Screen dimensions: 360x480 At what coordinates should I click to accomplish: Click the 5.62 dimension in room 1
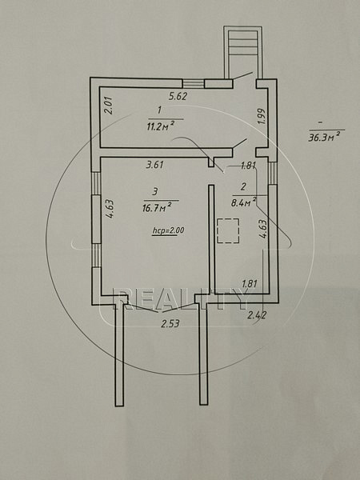point(178,97)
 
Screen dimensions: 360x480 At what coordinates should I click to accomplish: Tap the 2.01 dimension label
point(110,106)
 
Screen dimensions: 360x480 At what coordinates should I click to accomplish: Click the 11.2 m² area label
point(161,126)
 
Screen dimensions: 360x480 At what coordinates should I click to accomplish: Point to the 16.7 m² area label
point(157,207)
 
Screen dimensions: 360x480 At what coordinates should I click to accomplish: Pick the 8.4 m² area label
point(244,202)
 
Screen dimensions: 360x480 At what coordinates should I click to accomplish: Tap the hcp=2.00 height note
point(168,230)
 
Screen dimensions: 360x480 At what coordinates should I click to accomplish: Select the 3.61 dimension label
point(155,165)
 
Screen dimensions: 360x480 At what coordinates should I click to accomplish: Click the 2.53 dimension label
point(170,323)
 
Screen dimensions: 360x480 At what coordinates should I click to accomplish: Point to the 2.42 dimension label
point(257,314)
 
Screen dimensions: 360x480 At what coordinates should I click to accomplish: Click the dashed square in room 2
point(228,230)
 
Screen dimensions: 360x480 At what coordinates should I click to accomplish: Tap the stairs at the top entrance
point(242,43)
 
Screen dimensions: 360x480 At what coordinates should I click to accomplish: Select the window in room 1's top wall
point(194,83)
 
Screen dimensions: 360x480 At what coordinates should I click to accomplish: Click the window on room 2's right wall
point(273,173)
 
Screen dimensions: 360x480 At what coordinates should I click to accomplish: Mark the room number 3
point(154,192)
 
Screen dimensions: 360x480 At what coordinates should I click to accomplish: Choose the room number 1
point(160,110)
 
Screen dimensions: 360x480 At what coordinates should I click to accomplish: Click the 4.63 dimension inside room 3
point(110,209)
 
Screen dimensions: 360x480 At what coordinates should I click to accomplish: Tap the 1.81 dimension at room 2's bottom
point(249,283)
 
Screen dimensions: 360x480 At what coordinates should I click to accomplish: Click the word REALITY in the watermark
point(180,299)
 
